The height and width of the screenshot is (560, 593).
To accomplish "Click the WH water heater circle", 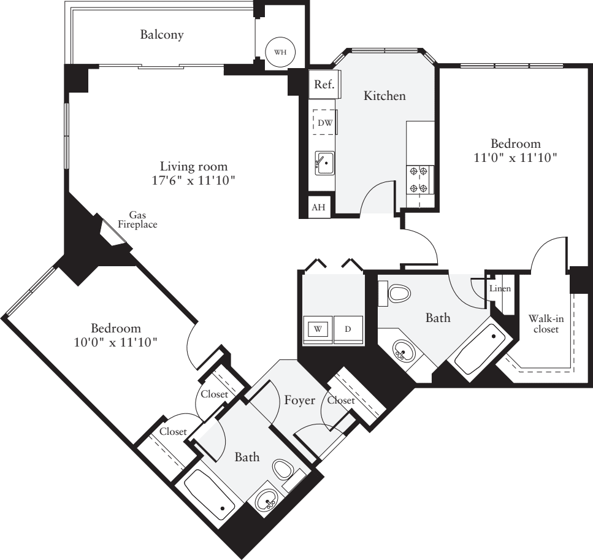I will (x=280, y=52).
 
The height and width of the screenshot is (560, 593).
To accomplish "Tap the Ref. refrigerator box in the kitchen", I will (x=324, y=86).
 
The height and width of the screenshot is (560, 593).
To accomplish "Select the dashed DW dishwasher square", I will (x=324, y=123).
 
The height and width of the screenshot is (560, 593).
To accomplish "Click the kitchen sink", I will (x=325, y=163).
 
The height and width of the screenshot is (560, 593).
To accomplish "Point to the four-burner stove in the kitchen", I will (x=420, y=180).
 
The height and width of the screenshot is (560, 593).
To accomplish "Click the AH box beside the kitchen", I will (x=318, y=207).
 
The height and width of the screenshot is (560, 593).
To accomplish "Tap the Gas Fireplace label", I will (x=138, y=220).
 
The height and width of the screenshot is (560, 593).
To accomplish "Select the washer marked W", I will (x=318, y=329).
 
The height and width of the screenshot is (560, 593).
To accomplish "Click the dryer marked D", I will (x=348, y=329).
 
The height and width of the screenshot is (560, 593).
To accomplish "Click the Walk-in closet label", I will (x=543, y=324).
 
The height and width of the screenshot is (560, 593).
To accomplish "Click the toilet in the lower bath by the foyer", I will (x=283, y=470).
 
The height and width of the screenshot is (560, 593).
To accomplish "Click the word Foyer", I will (x=300, y=401).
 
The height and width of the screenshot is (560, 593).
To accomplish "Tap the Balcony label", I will (x=162, y=35).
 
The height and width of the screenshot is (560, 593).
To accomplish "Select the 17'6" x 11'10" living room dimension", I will (x=194, y=180).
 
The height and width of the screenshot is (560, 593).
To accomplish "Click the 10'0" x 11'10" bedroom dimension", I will (x=116, y=342).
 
